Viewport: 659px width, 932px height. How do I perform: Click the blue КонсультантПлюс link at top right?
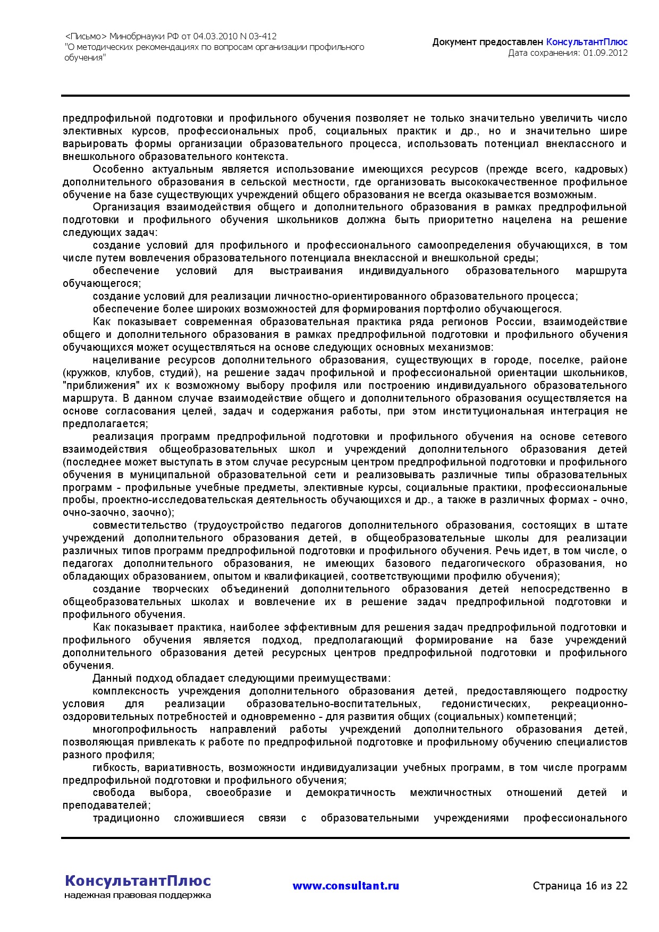(587, 42)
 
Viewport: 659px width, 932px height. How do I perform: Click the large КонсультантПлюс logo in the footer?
(138, 880)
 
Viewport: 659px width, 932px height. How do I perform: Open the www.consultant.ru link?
(345, 886)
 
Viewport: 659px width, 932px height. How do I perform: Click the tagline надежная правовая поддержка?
(138, 895)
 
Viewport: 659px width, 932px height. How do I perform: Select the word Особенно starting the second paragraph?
(118, 170)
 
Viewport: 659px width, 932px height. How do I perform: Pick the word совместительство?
(139, 526)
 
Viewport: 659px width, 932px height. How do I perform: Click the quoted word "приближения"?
(101, 386)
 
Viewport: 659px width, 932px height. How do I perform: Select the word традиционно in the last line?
(126, 818)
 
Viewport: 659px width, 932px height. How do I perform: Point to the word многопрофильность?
(145, 730)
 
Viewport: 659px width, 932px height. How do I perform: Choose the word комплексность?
(131, 691)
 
